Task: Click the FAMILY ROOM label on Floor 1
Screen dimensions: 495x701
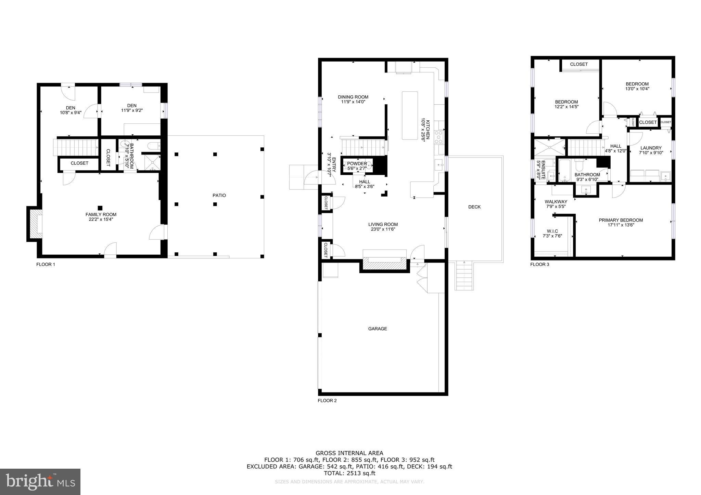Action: tap(101, 214)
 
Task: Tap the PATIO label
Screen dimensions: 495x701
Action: tap(219, 196)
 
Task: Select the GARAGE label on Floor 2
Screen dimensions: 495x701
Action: tap(378, 329)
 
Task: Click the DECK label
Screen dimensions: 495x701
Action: tap(474, 207)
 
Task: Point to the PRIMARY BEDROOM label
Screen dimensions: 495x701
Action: tap(621, 220)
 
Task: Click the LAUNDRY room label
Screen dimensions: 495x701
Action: tap(651, 148)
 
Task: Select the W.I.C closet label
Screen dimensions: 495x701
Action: tap(552, 231)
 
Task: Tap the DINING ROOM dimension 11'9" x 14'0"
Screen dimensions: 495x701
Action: tap(353, 102)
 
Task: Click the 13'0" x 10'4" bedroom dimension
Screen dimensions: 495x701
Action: tap(637, 89)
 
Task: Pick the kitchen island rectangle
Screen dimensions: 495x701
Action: tap(410, 115)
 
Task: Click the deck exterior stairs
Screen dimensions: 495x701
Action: tap(464, 276)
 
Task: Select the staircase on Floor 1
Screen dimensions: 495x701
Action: tap(76, 147)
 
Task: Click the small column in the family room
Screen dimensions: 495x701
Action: tap(100, 208)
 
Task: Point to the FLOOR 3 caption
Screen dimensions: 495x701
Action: tap(539, 264)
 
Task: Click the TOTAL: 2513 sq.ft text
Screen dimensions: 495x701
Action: tap(349, 473)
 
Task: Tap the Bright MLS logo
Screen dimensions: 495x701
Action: tap(40, 482)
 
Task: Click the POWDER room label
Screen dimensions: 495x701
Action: tap(357, 164)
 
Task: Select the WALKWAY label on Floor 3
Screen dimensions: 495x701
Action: tap(556, 202)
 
